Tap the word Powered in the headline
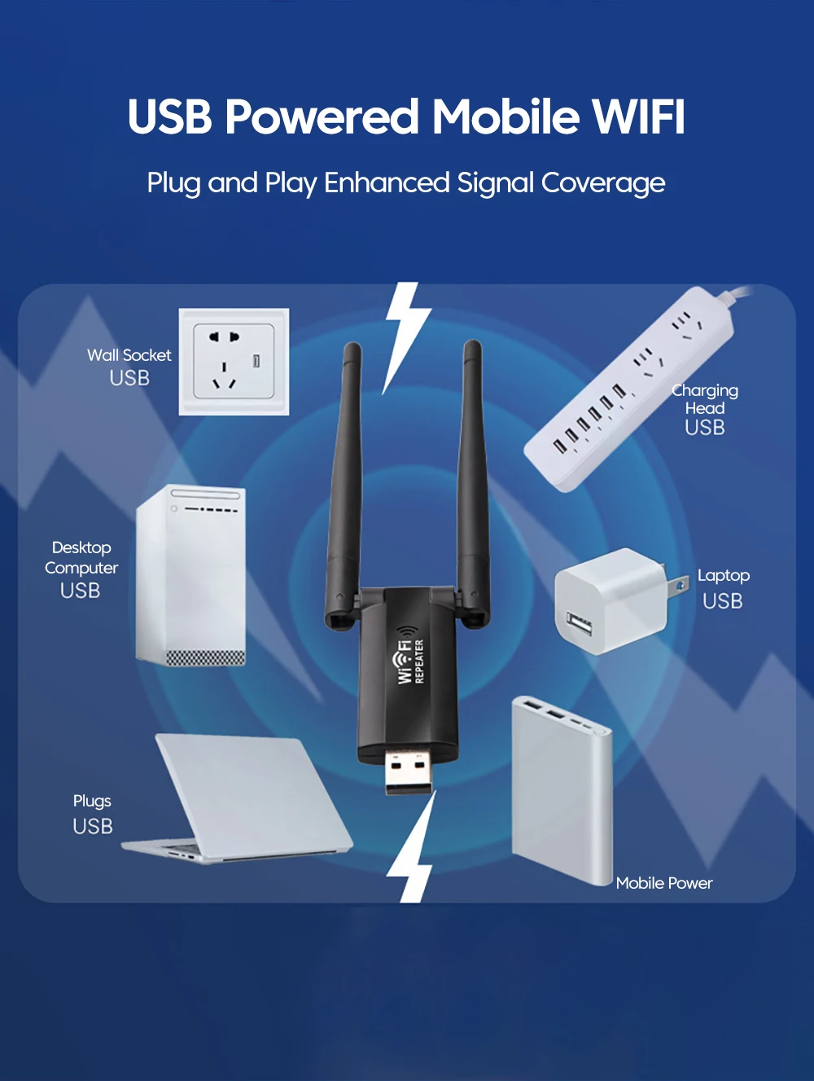[322, 116]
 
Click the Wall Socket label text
[129, 355]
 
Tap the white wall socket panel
[234, 362]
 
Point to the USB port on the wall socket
[256, 360]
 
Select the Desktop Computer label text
[81, 558]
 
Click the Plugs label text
[92, 801]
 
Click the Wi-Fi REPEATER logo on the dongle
[410, 657]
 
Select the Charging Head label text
[705, 399]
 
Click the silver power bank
[562, 790]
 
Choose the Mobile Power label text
[663, 883]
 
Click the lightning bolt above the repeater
[405, 334]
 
